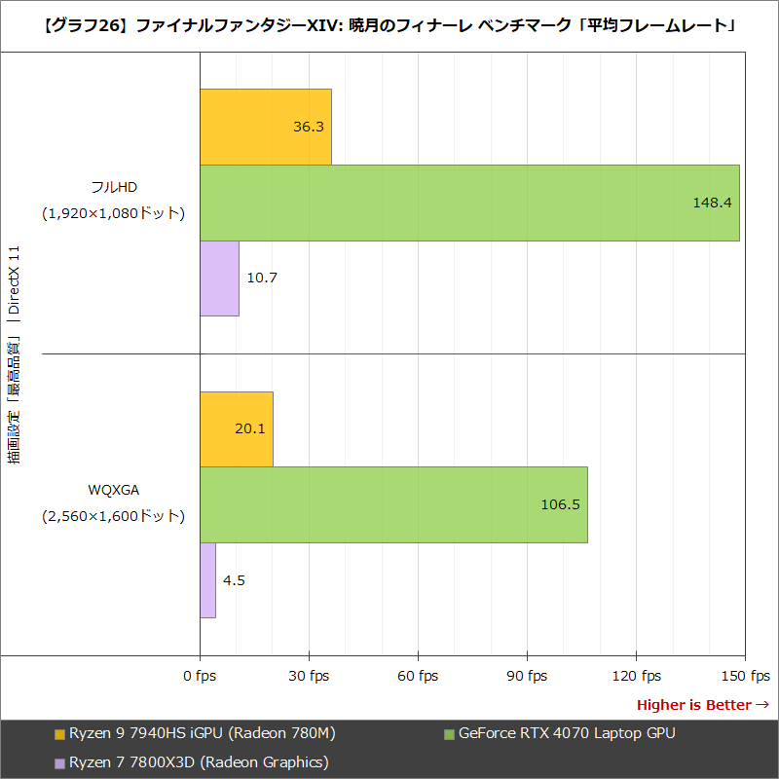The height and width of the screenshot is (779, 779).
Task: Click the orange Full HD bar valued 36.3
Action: pos(265,127)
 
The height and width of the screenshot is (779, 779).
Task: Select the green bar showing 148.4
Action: pos(469,203)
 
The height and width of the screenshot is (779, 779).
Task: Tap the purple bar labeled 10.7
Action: pos(219,278)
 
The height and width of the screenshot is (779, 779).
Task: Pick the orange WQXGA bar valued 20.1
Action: pos(236,429)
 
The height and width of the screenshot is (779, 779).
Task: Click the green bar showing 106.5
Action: pos(393,504)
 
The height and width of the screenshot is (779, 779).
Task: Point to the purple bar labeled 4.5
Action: pos(207,580)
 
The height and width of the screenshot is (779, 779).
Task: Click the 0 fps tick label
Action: pos(200,676)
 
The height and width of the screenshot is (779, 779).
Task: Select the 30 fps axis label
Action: pos(309,676)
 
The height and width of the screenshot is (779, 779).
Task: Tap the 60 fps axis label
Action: pos(418,676)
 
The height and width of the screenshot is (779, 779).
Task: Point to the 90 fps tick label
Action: pos(527,676)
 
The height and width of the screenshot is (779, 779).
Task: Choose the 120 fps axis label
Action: pos(636,676)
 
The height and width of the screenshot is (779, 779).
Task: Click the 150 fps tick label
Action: pos(745,676)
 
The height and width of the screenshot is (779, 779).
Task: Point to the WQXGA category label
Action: pos(113,489)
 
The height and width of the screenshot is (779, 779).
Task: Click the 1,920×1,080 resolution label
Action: pos(113,213)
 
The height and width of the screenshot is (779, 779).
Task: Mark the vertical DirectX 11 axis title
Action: pos(15,355)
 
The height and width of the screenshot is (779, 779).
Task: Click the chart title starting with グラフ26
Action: pos(389,25)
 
